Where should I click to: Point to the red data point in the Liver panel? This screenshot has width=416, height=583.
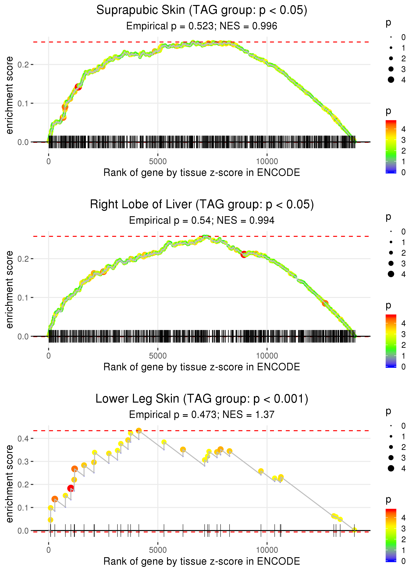[244, 255]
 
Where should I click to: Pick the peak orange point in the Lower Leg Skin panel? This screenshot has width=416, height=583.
[139, 431]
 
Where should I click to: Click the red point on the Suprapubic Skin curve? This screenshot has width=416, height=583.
[78, 87]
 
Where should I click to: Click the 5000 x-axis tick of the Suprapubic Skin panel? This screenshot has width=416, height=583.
[158, 162]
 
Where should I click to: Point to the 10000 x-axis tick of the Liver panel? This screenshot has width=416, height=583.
[267, 356]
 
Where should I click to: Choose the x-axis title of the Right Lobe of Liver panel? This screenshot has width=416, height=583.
[202, 367]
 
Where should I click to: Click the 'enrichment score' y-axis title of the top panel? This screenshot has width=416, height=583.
[9, 95]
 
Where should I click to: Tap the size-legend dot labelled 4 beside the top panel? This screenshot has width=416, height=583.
[391, 80]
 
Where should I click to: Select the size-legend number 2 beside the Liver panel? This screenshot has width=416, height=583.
[404, 253]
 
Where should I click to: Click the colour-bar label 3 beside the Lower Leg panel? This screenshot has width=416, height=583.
[404, 529]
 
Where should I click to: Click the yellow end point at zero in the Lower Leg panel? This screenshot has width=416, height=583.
[354, 530]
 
